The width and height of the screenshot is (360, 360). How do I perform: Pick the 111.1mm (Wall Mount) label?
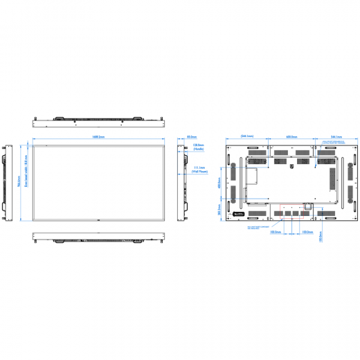(x=200, y=169)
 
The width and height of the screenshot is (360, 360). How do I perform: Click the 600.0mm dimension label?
(x=291, y=136)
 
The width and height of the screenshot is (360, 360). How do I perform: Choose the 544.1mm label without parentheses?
(x=337, y=136)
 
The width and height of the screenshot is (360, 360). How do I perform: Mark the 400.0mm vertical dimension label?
(x=219, y=184)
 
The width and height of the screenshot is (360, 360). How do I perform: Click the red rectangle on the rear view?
(x=309, y=205)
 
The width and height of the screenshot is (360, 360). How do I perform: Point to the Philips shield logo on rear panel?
(x=291, y=158)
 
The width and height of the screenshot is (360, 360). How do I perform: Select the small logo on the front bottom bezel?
(x=98, y=221)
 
